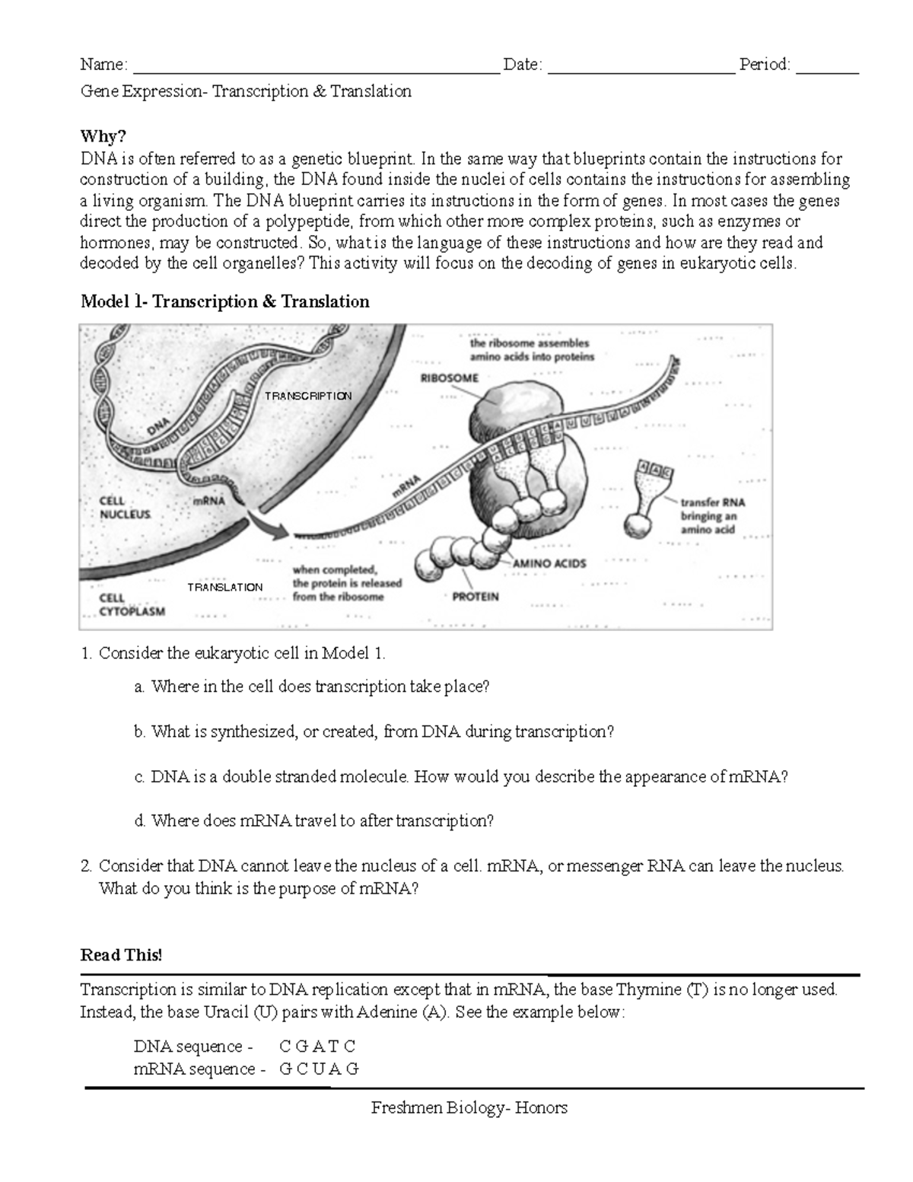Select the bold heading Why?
pyautogui.click(x=103, y=136)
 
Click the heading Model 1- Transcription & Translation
pyautogui.click(x=224, y=302)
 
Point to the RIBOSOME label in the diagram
pyautogui.click(x=450, y=378)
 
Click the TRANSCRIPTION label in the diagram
pyautogui.click(x=308, y=396)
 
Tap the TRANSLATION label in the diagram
pyautogui.click(x=225, y=588)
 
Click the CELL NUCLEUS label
pyautogui.click(x=125, y=508)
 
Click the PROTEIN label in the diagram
pyautogui.click(x=476, y=597)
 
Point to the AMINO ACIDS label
pyautogui.click(x=549, y=564)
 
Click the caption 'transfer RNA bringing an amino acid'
pyautogui.click(x=712, y=516)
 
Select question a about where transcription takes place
pyautogui.click(x=312, y=687)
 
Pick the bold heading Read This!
pyautogui.click(x=121, y=955)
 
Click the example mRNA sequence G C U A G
pyautogui.click(x=319, y=1069)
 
